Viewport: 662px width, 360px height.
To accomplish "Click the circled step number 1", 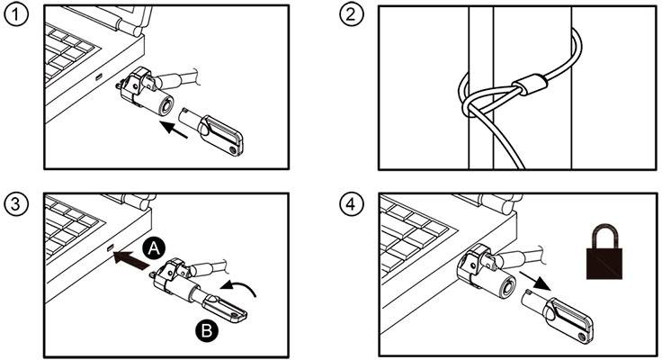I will click(x=15, y=16).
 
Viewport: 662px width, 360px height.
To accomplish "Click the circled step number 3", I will click(x=15, y=202).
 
